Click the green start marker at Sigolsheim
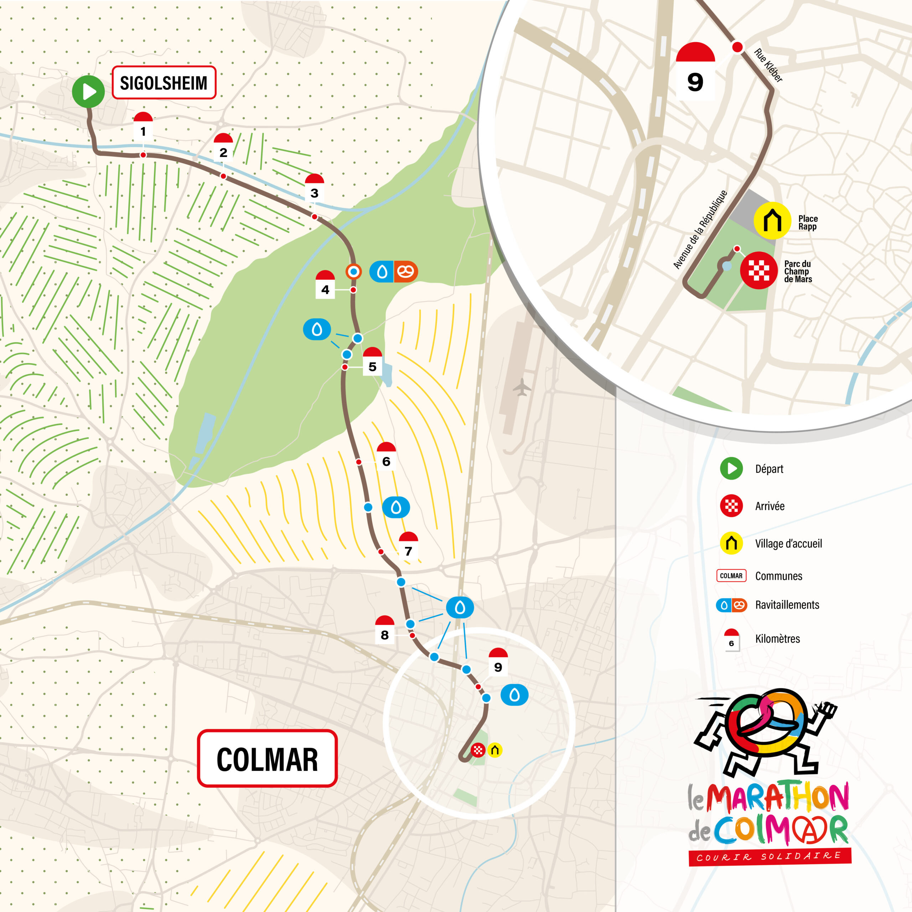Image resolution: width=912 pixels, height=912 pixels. coord(88,91)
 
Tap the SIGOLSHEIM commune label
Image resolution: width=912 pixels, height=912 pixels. coord(164,83)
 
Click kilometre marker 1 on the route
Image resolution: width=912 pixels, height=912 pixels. coord(143,126)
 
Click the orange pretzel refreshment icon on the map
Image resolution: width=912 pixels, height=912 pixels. coord(405,271)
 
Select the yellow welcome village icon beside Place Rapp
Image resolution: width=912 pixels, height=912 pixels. coord(772,221)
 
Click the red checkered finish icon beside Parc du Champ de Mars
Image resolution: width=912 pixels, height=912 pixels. coord(758,270)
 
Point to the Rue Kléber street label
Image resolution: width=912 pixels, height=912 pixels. coord(768,65)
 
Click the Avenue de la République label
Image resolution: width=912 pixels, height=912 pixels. coord(700,230)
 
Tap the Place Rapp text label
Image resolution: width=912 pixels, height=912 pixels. coord(808,222)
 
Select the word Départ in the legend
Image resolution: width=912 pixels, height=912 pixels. coord(769,469)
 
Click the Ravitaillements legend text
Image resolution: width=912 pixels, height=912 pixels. coord(787,605)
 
